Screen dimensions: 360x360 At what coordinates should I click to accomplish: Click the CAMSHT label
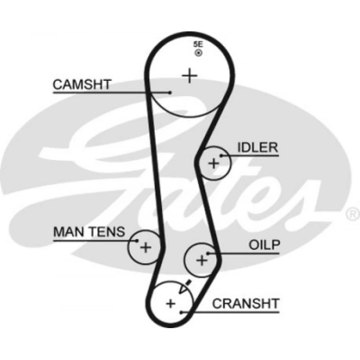[82, 84]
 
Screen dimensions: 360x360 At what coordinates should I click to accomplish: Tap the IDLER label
[257, 148]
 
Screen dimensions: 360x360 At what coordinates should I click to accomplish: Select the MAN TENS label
[88, 232]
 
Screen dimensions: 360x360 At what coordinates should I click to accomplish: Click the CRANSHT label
[245, 303]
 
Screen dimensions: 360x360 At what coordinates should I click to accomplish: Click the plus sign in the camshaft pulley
[190, 76]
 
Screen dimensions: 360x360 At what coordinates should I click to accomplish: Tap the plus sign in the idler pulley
[213, 164]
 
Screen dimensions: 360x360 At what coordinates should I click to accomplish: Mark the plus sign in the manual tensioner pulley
[146, 248]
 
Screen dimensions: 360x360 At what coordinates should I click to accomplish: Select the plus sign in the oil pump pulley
[202, 260]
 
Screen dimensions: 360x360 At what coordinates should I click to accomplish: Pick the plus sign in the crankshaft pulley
[171, 303]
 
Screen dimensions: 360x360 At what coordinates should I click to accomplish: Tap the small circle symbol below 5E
[198, 53]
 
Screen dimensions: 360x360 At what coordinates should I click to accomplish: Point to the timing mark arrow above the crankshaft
[187, 283]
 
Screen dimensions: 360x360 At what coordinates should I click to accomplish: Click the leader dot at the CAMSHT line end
[170, 93]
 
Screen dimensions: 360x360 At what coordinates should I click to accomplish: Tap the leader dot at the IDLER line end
[221, 155]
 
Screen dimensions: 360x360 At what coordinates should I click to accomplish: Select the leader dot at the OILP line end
[208, 253]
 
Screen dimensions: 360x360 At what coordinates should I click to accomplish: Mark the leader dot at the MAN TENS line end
[137, 240]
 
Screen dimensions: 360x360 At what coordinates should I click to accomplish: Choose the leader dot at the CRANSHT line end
[182, 311]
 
